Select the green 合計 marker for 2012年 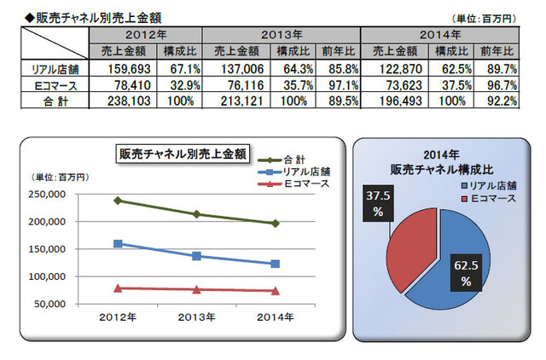[118, 200]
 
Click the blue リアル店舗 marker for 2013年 [196, 256]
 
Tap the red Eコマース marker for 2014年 [276, 291]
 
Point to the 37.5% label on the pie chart [375, 201]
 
